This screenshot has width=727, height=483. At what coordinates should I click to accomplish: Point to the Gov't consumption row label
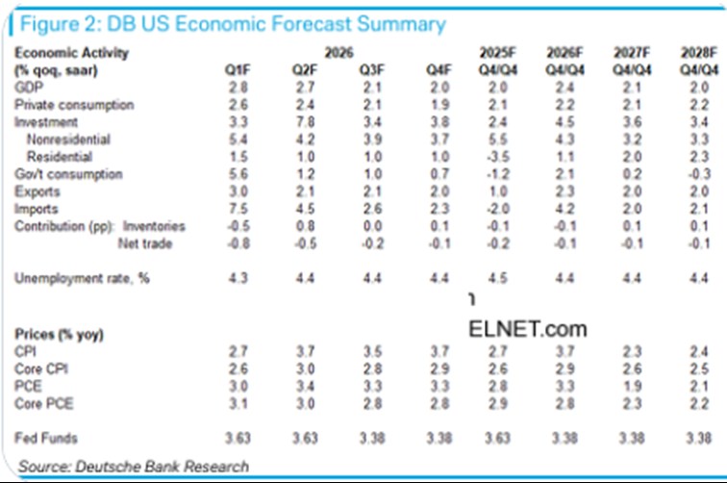[68, 174]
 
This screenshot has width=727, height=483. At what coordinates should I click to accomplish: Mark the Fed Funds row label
[45, 439]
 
